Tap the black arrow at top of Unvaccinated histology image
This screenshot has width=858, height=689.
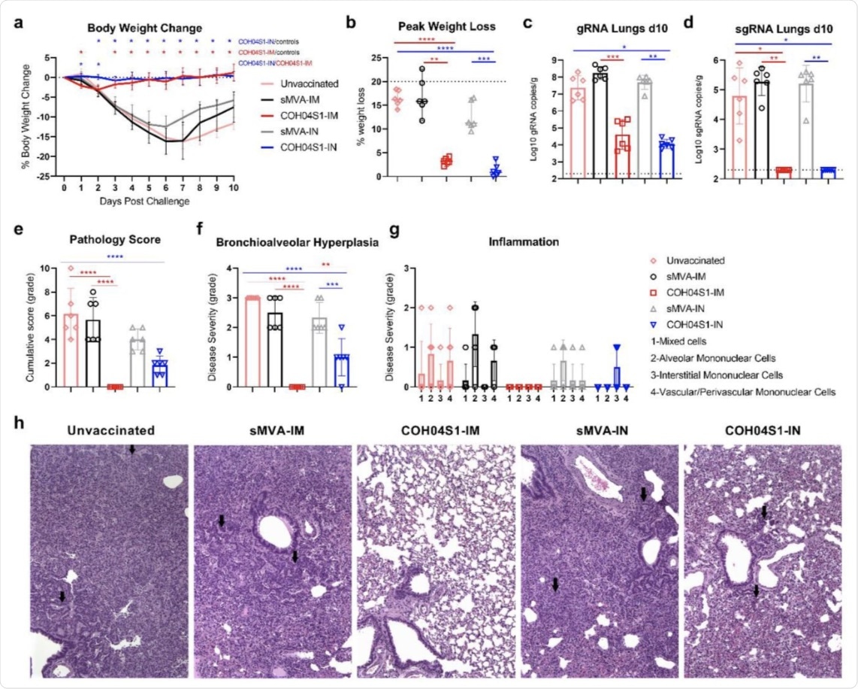(x=132, y=449)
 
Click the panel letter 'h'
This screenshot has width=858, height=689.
(x=19, y=422)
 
